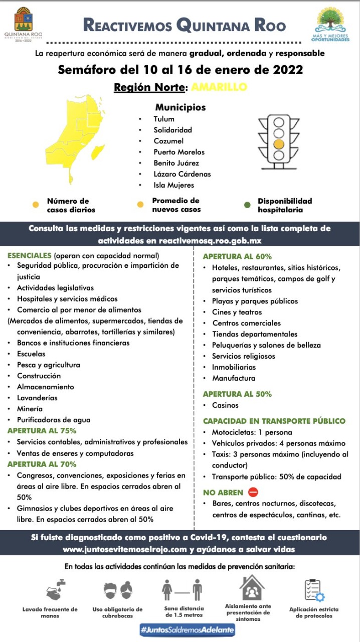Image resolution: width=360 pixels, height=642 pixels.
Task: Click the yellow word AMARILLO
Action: [219, 87]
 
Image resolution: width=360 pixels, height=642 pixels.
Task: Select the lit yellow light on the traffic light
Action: [278, 144]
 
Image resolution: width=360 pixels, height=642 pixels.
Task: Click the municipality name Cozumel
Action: [168, 141]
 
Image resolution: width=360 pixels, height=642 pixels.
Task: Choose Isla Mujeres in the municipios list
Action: [173, 185]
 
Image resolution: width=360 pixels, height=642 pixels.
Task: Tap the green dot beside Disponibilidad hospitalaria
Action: [247, 205]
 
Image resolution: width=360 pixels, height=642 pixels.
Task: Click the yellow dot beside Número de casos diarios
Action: [35, 205]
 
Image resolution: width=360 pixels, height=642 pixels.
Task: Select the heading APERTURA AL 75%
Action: [42, 431]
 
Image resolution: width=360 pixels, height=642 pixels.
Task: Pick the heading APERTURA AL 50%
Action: [237, 394]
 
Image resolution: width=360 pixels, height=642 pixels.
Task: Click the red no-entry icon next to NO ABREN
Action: [253, 493]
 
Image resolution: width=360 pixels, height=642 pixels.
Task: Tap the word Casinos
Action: [225, 405]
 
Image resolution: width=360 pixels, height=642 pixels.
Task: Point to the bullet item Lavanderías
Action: [37, 398]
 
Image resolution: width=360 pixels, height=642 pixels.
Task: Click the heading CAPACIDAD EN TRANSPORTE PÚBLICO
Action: [274, 421]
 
